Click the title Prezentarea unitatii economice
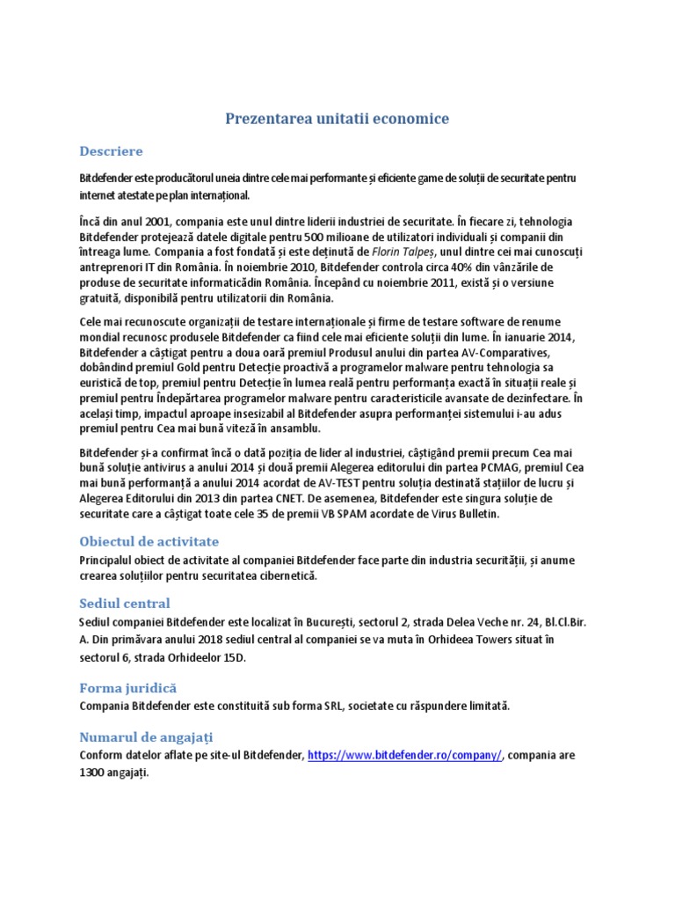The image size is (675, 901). (x=337, y=119)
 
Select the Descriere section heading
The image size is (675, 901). (x=111, y=151)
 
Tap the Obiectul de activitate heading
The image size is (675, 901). (x=149, y=541)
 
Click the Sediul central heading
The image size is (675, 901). (x=124, y=604)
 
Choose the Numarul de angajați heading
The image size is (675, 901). (x=146, y=736)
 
